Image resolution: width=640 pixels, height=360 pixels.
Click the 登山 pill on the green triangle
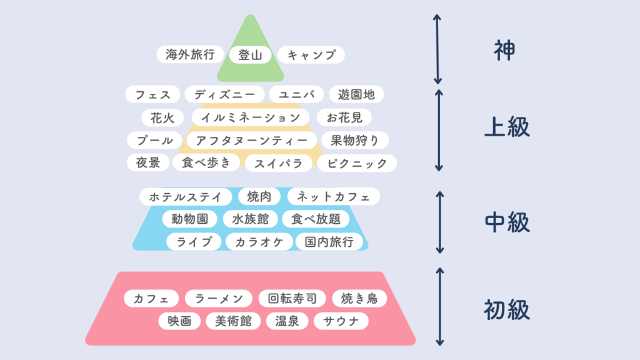point(250,55)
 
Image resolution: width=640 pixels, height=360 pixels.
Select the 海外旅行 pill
point(190,54)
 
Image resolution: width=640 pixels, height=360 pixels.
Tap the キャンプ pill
point(311,55)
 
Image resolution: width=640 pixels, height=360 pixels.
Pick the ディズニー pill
point(224,95)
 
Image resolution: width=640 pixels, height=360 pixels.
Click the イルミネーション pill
point(251,117)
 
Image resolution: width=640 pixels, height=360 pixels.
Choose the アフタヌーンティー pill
point(251,141)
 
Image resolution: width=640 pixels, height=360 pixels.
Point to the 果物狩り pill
point(355,141)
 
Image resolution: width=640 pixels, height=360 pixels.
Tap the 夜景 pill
point(147,162)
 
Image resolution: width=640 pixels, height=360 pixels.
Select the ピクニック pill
point(357,163)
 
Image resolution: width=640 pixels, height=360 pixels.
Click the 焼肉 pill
point(259,197)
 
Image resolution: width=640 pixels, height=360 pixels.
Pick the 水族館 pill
point(250,219)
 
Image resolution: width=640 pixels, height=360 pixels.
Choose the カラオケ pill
point(259,242)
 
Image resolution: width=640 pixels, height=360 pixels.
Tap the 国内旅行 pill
point(329,242)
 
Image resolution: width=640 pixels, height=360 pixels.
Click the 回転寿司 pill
point(292,298)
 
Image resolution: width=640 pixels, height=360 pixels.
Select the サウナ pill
point(341,321)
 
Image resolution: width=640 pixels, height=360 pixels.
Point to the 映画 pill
point(179,321)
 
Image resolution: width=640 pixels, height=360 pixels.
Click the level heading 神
point(504,51)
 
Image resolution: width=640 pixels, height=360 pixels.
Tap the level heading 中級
point(507,222)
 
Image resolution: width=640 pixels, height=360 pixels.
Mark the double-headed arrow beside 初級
point(439,307)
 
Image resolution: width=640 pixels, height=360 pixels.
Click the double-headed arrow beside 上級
point(439,130)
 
